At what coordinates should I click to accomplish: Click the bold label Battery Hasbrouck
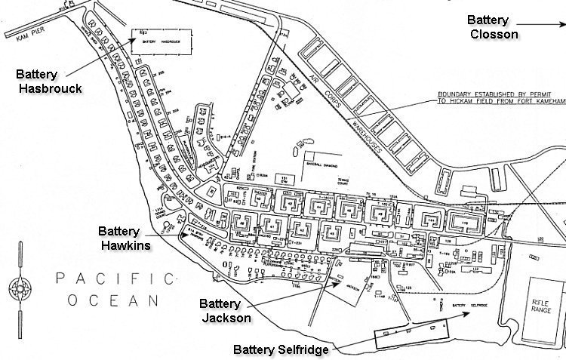(48, 82)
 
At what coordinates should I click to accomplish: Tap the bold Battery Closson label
(493, 26)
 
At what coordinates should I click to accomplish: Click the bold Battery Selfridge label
(280, 349)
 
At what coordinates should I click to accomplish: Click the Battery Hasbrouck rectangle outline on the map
(160, 42)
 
